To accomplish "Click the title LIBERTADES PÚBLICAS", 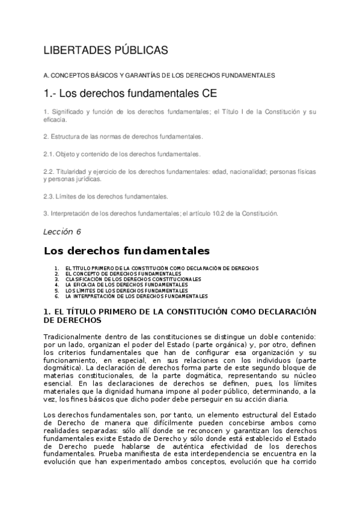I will click(106, 51).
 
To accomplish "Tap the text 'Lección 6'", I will click(62, 232).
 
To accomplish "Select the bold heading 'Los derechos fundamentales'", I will click(126, 250).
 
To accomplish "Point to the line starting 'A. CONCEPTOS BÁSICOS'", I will click(159, 75).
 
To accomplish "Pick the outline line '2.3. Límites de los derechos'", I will click(105, 196).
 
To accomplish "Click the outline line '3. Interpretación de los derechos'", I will click(160, 213).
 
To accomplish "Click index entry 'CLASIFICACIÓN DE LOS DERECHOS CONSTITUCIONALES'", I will click(133, 279).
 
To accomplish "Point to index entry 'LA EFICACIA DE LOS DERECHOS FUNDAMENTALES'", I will click(126, 284).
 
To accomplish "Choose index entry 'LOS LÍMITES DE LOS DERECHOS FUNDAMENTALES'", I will click(126, 290).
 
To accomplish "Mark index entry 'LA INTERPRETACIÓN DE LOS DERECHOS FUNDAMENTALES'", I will click(136, 296).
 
